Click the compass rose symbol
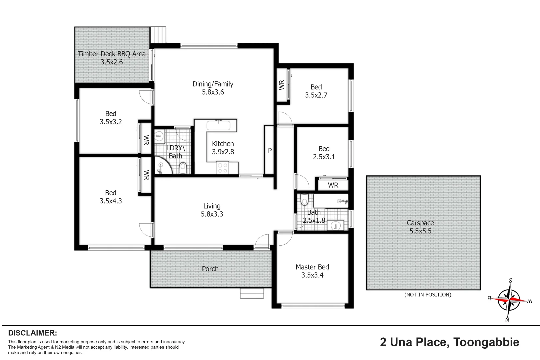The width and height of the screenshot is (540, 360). coord(509,299)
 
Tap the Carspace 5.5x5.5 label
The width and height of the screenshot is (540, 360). coord(420,227)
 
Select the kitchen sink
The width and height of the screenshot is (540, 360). coord(218,126)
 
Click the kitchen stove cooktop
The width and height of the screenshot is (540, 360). coord(222,168)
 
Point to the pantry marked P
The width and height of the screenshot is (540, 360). coord(269,150)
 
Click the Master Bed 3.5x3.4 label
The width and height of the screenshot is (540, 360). coord(312,271)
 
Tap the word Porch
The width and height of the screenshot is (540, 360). coord(210,269)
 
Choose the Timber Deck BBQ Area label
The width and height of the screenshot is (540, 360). coord(112,58)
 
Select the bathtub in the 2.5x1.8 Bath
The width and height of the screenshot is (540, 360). coord(331,201)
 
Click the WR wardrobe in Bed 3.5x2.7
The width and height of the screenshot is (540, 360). coord(282,85)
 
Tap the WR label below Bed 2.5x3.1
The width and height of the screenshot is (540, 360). coord(333,185)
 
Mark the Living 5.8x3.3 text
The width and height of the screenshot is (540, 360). coord(212,210)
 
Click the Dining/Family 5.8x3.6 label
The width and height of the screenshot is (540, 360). coord(213,88)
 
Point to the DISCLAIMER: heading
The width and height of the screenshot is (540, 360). coord(32,333)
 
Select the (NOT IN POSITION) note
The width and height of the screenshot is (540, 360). coord(427,295)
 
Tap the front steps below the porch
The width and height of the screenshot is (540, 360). coord(252,293)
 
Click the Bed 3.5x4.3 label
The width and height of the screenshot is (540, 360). coord(111,197)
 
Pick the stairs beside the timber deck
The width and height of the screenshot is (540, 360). coord(158,35)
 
